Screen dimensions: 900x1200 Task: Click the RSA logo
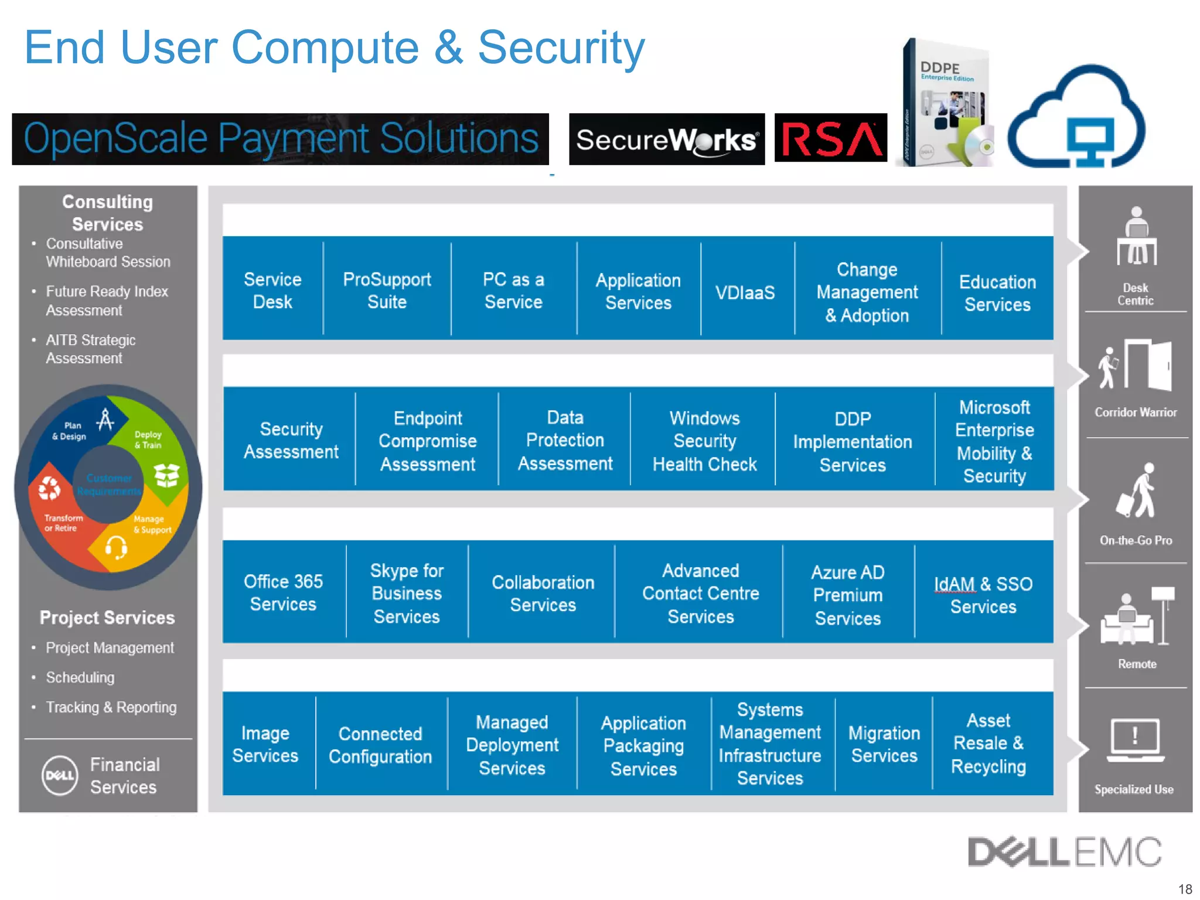point(830,138)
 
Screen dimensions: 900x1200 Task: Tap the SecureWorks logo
point(666,139)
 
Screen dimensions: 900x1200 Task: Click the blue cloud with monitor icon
point(1077,117)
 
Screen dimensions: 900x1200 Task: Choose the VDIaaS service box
point(745,292)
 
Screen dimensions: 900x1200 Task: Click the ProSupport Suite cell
point(387,290)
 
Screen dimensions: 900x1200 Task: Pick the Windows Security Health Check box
point(704,441)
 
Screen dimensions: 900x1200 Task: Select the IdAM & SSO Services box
point(983,594)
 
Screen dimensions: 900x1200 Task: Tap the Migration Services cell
point(884,744)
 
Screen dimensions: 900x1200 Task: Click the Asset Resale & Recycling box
point(988,743)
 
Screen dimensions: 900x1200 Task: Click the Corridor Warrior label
point(1136,412)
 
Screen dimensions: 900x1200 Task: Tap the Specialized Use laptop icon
point(1135,739)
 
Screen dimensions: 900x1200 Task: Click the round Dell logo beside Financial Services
point(60,775)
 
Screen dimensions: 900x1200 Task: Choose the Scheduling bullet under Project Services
point(80,677)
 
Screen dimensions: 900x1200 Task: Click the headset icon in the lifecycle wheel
point(116,547)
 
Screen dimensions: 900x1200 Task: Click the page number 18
point(1185,888)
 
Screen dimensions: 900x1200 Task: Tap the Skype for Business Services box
point(407,593)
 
